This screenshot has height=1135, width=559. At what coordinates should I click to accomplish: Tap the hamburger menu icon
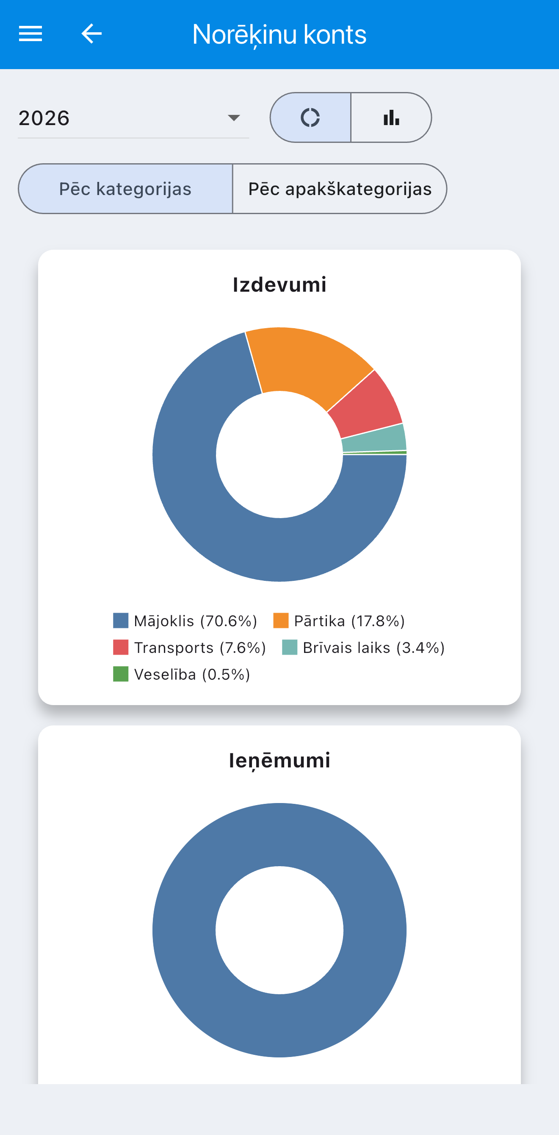(30, 33)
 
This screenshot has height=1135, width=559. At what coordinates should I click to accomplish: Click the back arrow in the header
(91, 33)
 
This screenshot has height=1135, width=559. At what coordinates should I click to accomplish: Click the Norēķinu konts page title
(279, 34)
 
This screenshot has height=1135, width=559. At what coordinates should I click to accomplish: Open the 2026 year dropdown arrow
(234, 117)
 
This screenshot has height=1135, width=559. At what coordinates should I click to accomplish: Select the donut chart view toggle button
(310, 117)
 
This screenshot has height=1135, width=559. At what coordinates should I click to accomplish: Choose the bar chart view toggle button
(391, 117)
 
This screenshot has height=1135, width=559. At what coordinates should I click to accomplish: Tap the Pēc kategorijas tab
(125, 189)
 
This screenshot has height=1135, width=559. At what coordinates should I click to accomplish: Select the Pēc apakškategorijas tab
(339, 189)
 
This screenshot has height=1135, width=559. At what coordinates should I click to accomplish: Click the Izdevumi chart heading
(279, 284)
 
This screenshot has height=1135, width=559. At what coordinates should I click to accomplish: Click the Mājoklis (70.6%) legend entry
(185, 621)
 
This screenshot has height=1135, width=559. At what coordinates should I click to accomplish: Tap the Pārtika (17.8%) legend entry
(339, 621)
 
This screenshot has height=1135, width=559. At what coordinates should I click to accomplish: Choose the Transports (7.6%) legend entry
(190, 648)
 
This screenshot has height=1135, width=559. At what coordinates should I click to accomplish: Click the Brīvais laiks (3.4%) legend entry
(364, 648)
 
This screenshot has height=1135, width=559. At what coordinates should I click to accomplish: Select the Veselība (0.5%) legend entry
(182, 675)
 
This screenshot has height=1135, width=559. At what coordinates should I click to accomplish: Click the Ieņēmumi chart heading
(279, 761)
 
